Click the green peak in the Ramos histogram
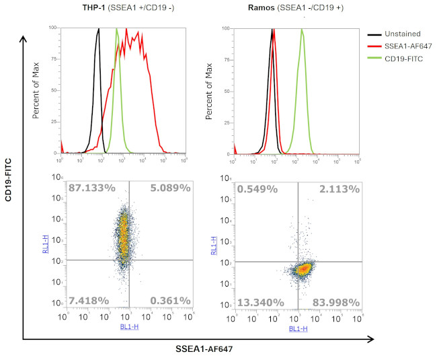(x=302, y=31)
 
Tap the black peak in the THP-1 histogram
(x=99, y=31)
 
